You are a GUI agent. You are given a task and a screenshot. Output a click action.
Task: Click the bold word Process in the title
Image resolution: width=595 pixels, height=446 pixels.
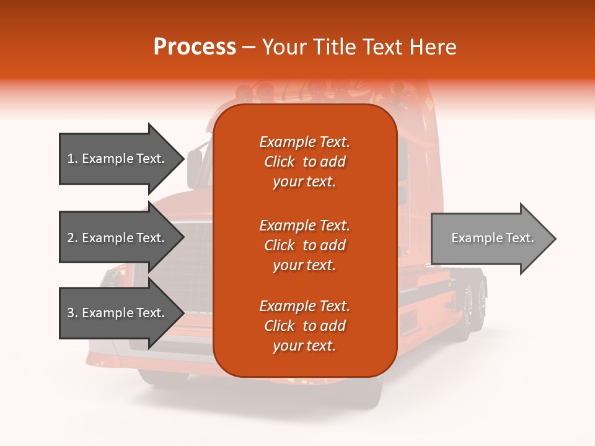point(195,47)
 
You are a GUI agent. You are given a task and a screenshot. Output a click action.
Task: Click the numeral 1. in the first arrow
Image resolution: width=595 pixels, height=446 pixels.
point(73,159)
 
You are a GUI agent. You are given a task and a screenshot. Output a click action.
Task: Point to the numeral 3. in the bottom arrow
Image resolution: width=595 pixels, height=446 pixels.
point(73,313)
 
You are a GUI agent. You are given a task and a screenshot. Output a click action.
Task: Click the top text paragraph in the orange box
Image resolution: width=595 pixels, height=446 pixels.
point(304,162)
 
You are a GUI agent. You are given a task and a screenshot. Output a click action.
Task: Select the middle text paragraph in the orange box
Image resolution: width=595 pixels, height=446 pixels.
point(304,245)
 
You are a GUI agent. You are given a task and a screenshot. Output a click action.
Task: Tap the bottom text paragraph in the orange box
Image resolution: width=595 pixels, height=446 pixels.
point(304,326)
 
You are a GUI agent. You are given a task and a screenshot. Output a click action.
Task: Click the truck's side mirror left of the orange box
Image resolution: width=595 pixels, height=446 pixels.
point(195,167)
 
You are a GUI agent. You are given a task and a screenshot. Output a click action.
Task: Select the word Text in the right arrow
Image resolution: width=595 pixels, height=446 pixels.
point(519,238)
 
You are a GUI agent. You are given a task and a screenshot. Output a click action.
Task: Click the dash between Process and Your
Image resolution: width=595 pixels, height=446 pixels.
point(249,48)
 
